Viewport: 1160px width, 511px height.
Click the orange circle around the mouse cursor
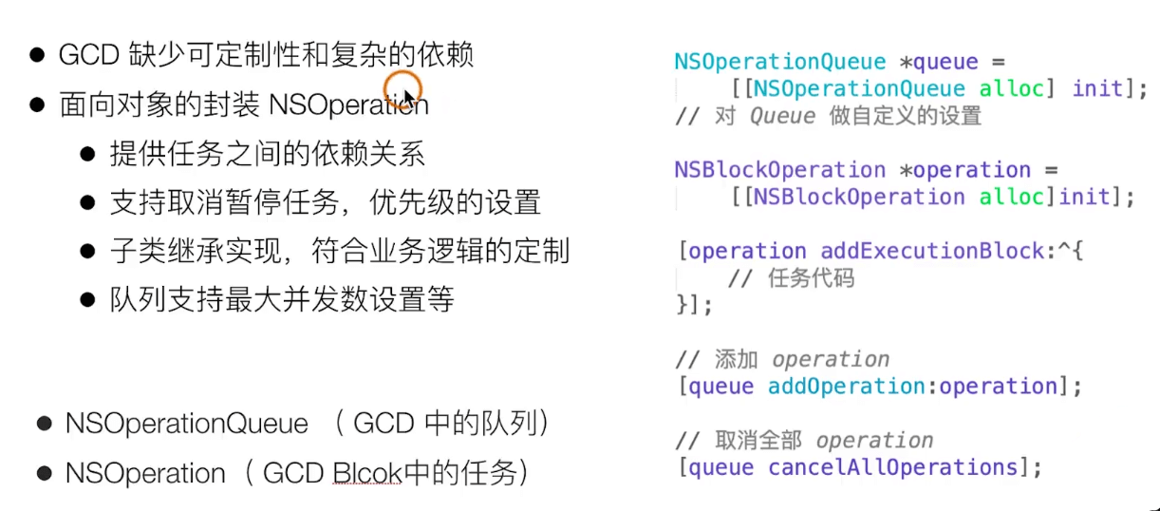tap(402, 87)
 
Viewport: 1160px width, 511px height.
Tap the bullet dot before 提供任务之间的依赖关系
tap(88, 153)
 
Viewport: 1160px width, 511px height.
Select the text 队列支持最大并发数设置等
tap(283, 300)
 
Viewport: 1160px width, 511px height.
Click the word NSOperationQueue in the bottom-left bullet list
tap(187, 424)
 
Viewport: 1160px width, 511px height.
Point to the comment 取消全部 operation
tap(804, 441)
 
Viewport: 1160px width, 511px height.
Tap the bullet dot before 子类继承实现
tap(88, 252)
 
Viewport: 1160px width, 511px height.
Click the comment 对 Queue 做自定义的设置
tap(828, 116)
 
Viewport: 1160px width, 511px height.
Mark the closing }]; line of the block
tap(693, 305)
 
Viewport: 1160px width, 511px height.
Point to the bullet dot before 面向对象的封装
tap(38, 104)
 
